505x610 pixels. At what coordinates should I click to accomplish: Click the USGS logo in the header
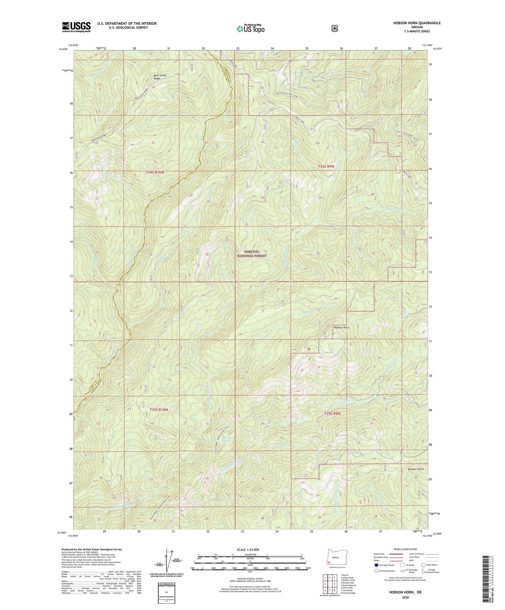76,27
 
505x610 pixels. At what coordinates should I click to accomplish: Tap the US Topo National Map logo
249,28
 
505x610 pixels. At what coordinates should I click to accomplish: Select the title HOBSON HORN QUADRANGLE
417,23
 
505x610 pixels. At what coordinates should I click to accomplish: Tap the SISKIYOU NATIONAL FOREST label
252,254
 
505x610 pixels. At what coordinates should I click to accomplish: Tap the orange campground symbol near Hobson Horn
309,348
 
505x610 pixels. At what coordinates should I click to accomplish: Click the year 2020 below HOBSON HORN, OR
405,597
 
